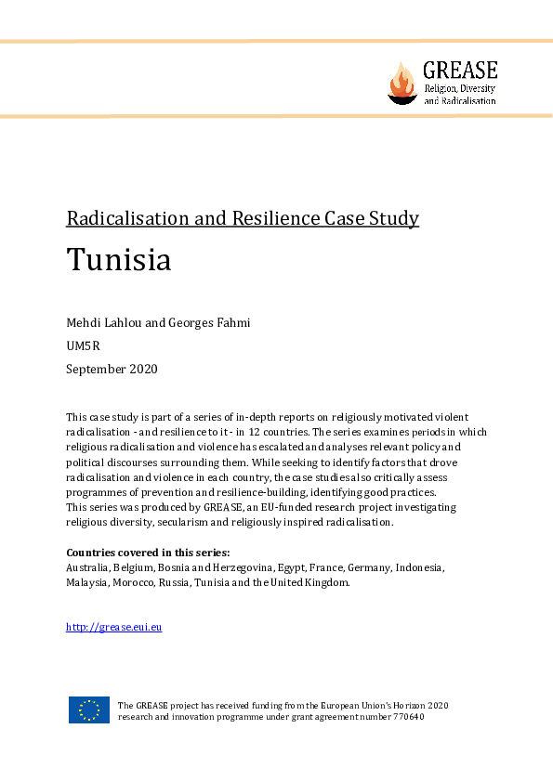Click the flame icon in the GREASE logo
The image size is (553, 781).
(x=402, y=83)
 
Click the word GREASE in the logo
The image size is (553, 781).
(x=460, y=70)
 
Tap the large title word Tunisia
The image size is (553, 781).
(x=118, y=260)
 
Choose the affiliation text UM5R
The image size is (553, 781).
(x=83, y=345)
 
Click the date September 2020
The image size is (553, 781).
(x=112, y=369)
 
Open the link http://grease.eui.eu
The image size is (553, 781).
(x=114, y=627)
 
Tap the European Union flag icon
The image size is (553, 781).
(x=88, y=710)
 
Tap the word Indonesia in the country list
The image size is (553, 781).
(x=421, y=566)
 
